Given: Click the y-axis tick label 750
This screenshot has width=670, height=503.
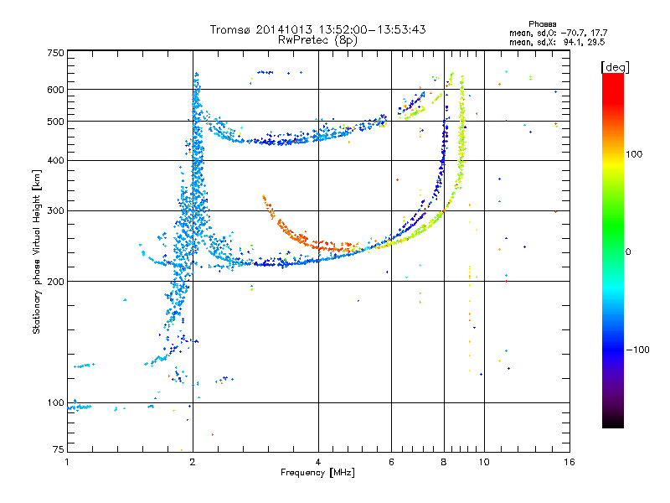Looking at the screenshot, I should point(55,53).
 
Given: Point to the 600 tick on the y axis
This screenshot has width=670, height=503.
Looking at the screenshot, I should point(55,90).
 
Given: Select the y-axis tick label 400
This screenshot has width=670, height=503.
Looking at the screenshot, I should point(55,160).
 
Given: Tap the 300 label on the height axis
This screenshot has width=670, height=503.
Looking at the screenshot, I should point(55,210).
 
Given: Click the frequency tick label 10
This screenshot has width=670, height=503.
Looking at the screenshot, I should point(483,462).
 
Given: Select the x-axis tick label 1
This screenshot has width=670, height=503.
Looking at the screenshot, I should point(67,462).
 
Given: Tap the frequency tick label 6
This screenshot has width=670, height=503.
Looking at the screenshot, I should point(391,462).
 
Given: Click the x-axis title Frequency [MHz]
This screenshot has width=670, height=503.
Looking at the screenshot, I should point(317,473).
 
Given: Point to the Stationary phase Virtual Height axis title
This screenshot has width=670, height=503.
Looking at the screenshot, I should point(37,252).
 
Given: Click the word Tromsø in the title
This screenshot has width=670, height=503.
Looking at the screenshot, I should point(234,29).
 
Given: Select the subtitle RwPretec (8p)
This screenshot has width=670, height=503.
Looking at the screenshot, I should point(317,39).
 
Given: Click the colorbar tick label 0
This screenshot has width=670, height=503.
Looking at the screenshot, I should point(628,251).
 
